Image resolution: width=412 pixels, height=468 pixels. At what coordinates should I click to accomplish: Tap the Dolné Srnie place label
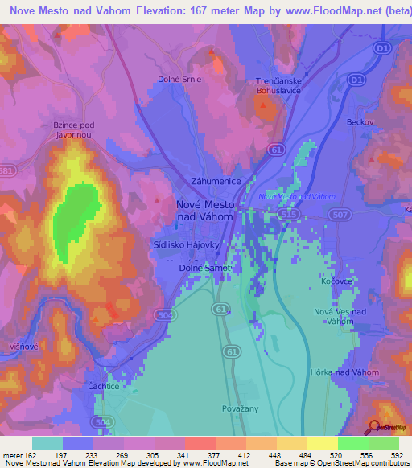[179, 80]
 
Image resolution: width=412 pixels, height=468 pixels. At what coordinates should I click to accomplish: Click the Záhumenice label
[216, 182]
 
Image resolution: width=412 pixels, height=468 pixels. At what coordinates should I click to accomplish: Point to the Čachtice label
[102, 387]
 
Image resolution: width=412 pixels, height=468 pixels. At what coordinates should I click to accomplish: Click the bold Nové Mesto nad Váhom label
[204, 211]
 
